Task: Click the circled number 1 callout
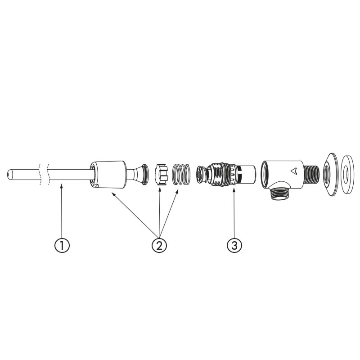click(62, 245)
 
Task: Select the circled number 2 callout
click(159, 245)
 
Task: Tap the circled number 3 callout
click(234, 245)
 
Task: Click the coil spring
click(181, 174)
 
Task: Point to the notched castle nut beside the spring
click(162, 174)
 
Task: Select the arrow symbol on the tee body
click(294, 171)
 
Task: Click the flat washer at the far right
click(346, 175)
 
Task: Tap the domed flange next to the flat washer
click(331, 175)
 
